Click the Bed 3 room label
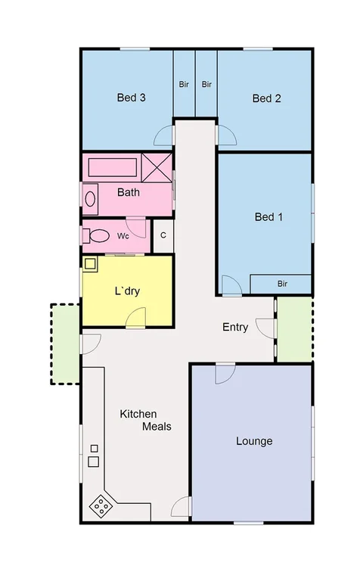click(x=131, y=98)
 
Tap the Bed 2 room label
click(x=267, y=98)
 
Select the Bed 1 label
click(x=268, y=217)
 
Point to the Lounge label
click(x=254, y=441)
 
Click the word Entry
click(x=235, y=328)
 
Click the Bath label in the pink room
click(x=129, y=192)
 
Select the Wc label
click(x=123, y=236)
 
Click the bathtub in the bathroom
click(x=112, y=166)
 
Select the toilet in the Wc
click(x=95, y=235)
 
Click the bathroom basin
click(x=90, y=200)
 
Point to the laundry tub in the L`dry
click(x=90, y=264)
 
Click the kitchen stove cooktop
click(x=101, y=505)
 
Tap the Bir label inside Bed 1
click(x=282, y=284)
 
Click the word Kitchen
click(x=138, y=414)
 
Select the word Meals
click(x=157, y=427)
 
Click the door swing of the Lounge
click(x=225, y=374)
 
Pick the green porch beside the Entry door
click(x=294, y=328)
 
